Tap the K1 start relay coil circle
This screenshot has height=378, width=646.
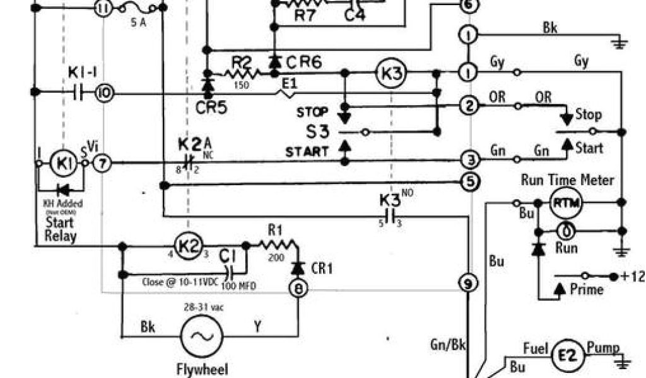pos(63,163)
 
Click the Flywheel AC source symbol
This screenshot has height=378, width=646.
pos(202,336)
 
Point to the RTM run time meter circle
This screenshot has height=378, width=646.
pos(566,203)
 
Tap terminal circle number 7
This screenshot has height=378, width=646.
pos(103,163)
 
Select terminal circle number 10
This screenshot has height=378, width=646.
pos(103,93)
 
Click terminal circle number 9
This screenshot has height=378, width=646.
pos(467,283)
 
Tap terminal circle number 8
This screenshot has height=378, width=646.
pos(297,289)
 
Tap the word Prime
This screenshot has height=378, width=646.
pos(586,289)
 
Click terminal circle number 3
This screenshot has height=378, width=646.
pos(469,159)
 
